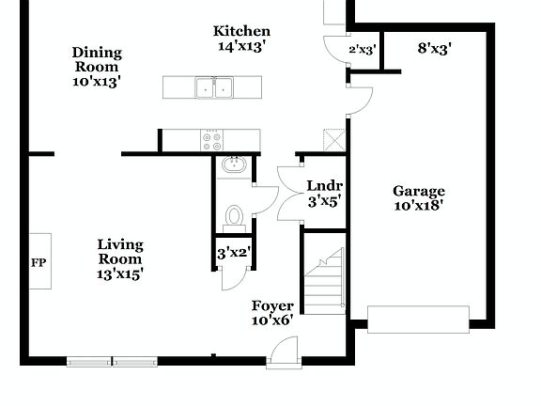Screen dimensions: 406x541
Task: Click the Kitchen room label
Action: point(242,32)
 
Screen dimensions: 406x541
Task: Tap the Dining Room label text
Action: point(97,60)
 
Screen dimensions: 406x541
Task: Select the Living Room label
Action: point(120,252)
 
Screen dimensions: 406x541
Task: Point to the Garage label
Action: point(418,192)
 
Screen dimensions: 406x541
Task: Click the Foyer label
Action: point(272,306)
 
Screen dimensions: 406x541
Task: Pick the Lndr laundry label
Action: point(324,185)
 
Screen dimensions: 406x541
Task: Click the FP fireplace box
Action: point(39,261)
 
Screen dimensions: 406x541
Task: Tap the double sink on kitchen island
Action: point(214,87)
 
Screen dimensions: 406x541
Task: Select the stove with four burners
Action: point(211,141)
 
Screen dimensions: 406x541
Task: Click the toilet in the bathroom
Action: point(235,217)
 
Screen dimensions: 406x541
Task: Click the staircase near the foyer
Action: point(325,280)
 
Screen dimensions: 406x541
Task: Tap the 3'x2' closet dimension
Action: point(233,253)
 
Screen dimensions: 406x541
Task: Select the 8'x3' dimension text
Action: point(435,48)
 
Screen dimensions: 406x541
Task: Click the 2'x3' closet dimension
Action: point(363,49)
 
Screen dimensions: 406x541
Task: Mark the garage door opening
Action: point(417,320)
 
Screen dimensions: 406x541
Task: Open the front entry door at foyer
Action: point(282,354)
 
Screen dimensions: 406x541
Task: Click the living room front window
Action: point(112,361)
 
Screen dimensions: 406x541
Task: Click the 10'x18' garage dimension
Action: point(418,205)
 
